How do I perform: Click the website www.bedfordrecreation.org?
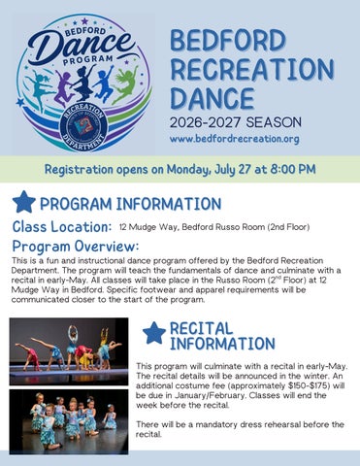(235, 139)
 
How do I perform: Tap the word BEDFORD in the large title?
(228, 41)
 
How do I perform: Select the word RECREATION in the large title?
(252, 69)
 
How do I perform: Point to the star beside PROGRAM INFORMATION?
(24, 202)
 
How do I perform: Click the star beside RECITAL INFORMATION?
(154, 333)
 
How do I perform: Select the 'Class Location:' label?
(62, 226)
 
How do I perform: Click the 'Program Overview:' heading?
(76, 247)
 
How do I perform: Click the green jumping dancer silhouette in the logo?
(127, 84)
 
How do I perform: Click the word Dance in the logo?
(80, 45)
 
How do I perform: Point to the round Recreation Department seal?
(83, 126)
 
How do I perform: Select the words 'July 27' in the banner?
(233, 169)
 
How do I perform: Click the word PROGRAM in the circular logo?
(88, 60)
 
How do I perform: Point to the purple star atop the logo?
(84, 21)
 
